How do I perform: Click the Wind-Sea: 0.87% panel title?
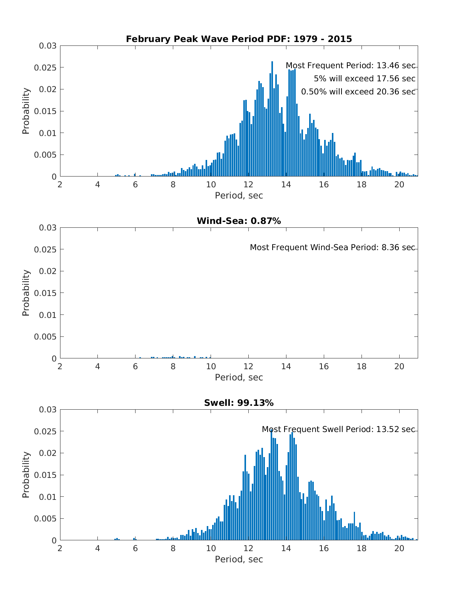pyautogui.click(x=239, y=221)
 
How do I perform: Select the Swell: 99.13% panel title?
pyautogui.click(x=239, y=403)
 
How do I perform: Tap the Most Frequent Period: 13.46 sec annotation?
pyautogui.click(x=350, y=66)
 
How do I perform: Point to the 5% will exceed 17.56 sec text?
pyautogui.click(x=365, y=79)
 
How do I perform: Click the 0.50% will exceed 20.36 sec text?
pyautogui.click(x=358, y=92)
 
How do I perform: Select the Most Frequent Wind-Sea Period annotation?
pyautogui.click(x=333, y=247)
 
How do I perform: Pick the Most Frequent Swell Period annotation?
pyautogui.click(x=338, y=429)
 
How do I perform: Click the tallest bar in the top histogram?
pyautogui.click(x=272, y=119)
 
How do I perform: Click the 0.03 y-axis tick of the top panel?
pyautogui.click(x=47, y=46)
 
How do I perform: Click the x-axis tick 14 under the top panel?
pyautogui.click(x=286, y=185)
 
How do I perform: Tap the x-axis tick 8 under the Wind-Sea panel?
pyautogui.click(x=173, y=367)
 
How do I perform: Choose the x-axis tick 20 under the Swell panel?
pyautogui.click(x=399, y=548)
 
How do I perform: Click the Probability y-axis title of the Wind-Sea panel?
pyautogui.click(x=26, y=293)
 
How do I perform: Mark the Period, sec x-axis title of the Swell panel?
pyautogui.click(x=239, y=559)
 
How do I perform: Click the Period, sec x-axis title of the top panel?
pyautogui.click(x=239, y=195)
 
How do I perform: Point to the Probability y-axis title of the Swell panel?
pyautogui.click(x=26, y=475)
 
